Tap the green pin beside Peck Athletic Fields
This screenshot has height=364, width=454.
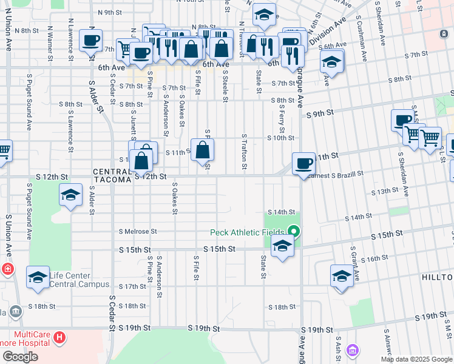[x=294, y=231]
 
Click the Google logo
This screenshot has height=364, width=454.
[x=20, y=357]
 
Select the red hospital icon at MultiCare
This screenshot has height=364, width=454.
[x=59, y=337]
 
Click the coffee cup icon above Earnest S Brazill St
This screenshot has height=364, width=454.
[x=303, y=163]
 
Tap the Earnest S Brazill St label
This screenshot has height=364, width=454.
[x=335, y=174]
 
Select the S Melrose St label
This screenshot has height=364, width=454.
[x=138, y=231]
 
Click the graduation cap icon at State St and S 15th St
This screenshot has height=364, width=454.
[x=282, y=246]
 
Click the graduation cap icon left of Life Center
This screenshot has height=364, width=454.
[x=38, y=277]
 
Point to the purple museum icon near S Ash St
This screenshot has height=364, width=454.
[x=353, y=350]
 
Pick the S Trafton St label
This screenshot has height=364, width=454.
[x=244, y=151]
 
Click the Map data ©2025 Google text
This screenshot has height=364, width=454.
[x=415, y=359]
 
